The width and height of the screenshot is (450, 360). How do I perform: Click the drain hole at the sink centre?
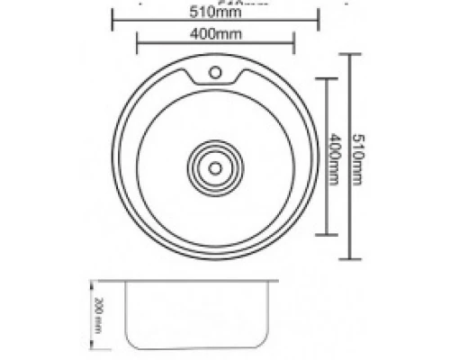215,166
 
